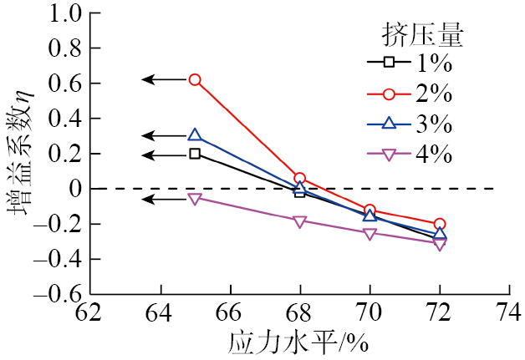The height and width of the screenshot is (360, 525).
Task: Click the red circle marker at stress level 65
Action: [195, 79]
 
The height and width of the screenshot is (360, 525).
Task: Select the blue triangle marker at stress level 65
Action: [195, 135]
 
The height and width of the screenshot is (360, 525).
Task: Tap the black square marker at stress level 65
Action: [195, 154]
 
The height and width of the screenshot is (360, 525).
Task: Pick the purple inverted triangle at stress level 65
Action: [195, 198]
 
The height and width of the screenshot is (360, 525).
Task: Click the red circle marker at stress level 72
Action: [440, 224]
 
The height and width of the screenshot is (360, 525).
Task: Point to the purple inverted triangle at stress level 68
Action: [300, 221]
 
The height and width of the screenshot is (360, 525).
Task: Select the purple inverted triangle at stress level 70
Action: [370, 233]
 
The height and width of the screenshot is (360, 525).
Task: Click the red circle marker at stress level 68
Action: [300, 179]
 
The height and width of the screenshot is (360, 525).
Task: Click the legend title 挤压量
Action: [423, 34]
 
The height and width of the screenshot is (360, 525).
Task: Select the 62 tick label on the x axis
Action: [89, 315]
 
